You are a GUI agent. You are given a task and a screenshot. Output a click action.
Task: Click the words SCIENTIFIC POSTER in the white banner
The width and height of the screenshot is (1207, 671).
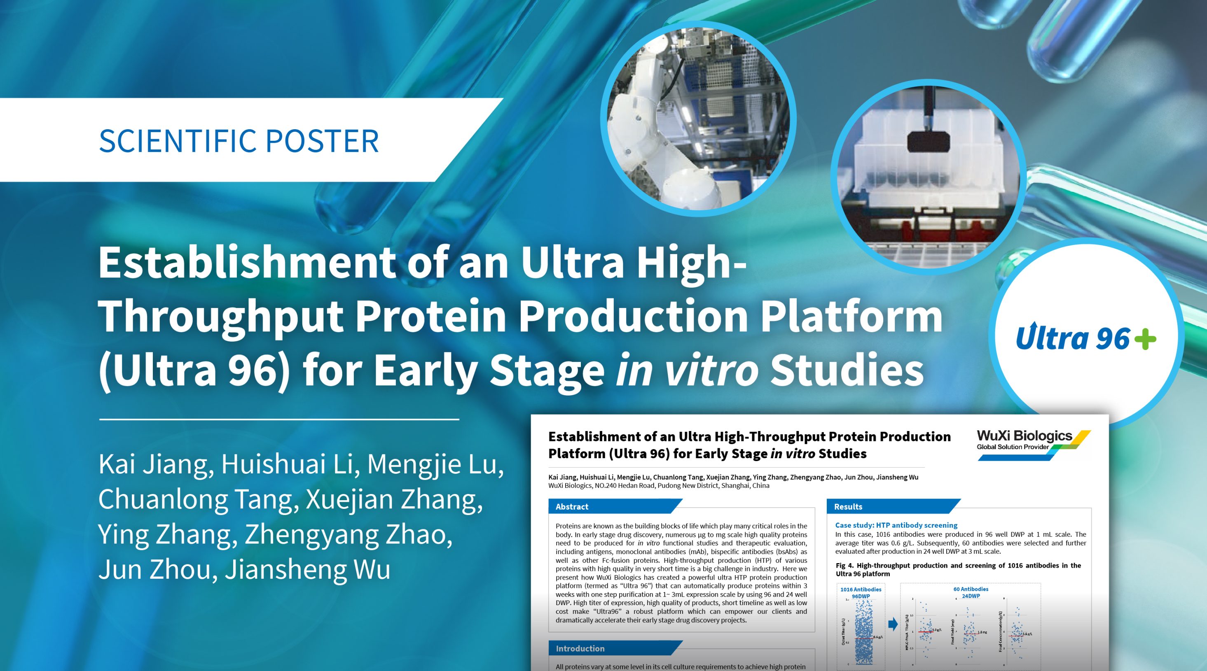click(x=239, y=140)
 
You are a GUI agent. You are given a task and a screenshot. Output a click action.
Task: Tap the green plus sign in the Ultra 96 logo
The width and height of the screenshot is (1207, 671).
click(x=1145, y=338)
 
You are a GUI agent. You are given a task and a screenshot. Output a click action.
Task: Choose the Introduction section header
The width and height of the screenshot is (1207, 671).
click(x=580, y=648)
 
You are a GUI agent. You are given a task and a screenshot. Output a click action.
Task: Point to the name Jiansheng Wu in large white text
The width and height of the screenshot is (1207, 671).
click(x=308, y=569)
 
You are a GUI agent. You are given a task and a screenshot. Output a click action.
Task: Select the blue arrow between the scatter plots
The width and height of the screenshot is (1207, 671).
click(x=893, y=624)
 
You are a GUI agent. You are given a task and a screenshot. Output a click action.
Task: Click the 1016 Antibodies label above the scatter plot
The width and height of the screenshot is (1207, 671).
click(x=861, y=589)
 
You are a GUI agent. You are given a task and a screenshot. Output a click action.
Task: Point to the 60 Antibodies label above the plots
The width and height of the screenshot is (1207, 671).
click(x=971, y=589)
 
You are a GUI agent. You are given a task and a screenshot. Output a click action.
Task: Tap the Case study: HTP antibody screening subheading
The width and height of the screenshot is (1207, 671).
click(x=896, y=525)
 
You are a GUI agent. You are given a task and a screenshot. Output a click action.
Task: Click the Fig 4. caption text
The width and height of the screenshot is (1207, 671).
click(x=958, y=569)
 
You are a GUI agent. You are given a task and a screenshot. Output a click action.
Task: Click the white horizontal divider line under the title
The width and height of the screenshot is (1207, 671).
click(x=279, y=419)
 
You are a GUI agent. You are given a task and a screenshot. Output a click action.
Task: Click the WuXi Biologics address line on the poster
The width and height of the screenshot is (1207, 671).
click(x=658, y=486)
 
